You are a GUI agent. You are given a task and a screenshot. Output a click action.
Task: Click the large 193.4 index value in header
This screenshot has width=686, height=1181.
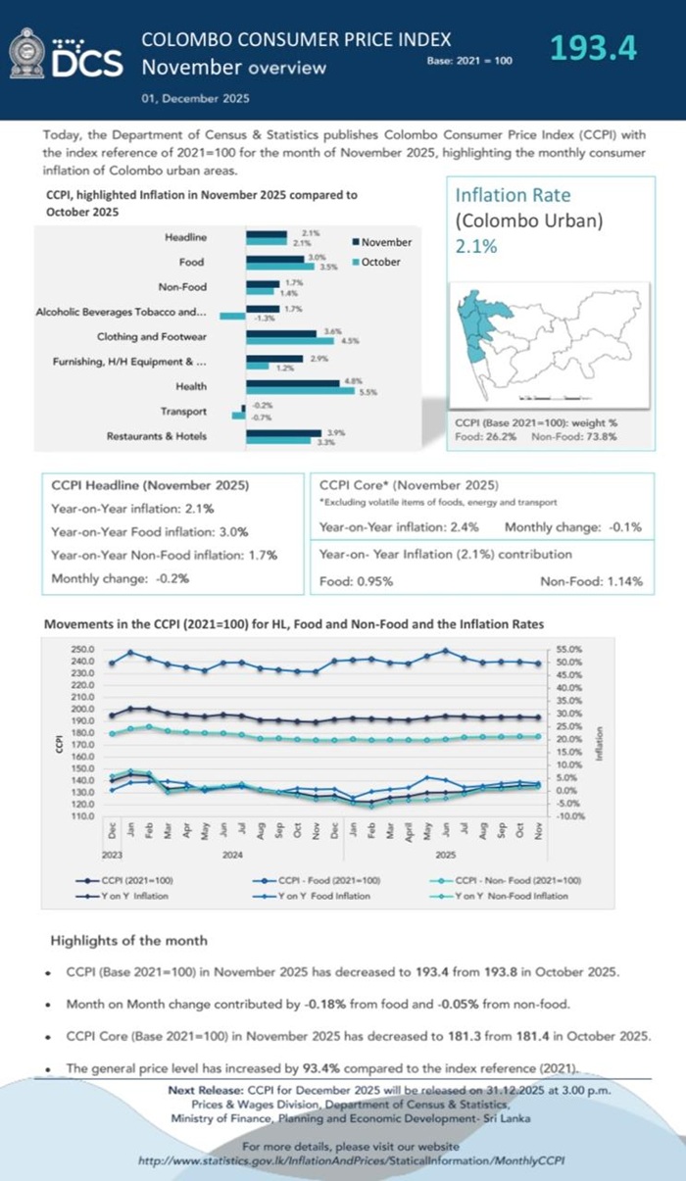click(x=593, y=48)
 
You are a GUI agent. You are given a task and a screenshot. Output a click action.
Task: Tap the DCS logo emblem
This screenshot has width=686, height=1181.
click(x=26, y=54)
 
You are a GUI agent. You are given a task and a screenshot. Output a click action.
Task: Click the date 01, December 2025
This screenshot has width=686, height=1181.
click(x=195, y=98)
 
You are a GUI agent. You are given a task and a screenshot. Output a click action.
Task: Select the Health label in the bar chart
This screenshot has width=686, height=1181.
click(x=191, y=386)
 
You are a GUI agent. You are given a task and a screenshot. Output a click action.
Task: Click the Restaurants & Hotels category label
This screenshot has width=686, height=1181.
click(x=157, y=436)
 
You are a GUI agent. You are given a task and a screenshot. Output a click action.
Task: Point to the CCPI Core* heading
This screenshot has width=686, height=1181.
click(x=409, y=486)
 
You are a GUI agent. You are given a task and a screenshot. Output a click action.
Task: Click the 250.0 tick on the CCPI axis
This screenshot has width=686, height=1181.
click(x=81, y=650)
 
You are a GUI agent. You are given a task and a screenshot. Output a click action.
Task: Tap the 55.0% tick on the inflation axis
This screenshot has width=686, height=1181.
click(x=568, y=650)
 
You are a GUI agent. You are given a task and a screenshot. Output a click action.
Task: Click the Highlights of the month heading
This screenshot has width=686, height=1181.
click(x=128, y=940)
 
